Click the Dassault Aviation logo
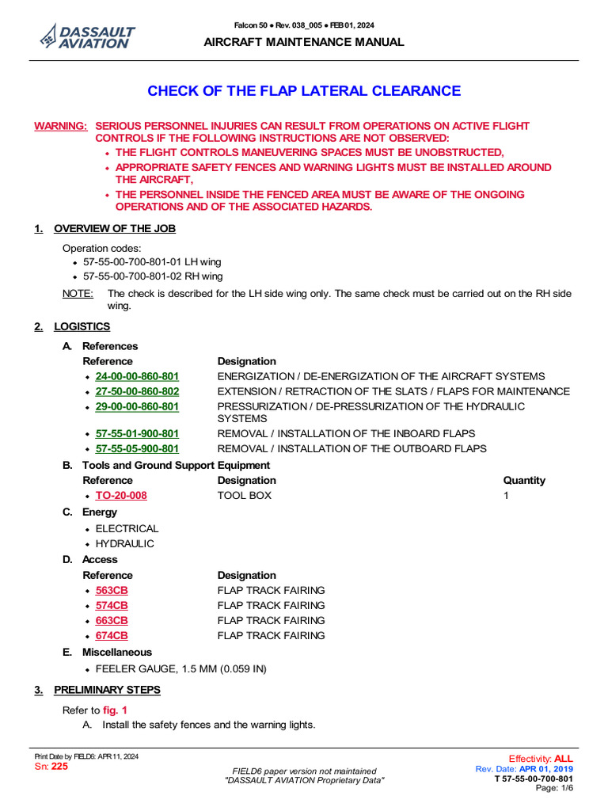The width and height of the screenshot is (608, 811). [88, 36]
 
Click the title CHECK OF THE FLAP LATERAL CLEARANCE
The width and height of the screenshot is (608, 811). [304, 91]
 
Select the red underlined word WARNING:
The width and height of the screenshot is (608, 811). [60, 126]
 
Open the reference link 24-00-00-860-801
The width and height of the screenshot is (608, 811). [137, 376]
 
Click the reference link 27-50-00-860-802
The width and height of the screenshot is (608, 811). [137, 391]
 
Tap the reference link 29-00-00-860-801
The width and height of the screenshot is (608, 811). [137, 406]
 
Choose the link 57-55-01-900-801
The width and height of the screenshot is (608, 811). [137, 434]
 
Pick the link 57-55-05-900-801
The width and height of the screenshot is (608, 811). [137, 449]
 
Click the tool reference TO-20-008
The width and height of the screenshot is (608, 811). [121, 496]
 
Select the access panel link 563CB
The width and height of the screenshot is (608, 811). [112, 590]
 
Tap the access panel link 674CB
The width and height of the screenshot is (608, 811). [112, 636]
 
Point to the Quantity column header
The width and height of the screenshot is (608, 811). [524, 480]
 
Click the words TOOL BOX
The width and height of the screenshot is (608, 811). [244, 496]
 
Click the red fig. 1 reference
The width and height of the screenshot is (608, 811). [115, 710]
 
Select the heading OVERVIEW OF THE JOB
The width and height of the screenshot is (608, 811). [115, 229]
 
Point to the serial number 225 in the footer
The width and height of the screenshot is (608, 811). [59, 767]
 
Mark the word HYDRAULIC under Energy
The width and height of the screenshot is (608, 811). [125, 544]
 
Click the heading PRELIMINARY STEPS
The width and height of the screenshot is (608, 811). [107, 690]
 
